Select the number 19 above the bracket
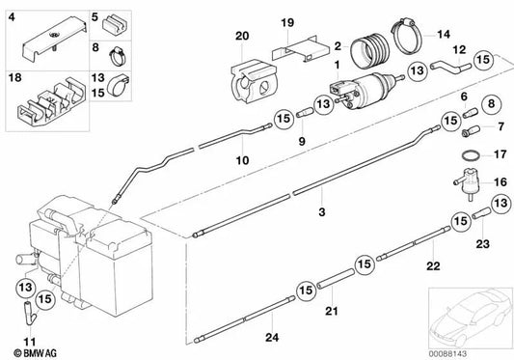click(x=286, y=22)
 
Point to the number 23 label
click(x=482, y=243)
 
